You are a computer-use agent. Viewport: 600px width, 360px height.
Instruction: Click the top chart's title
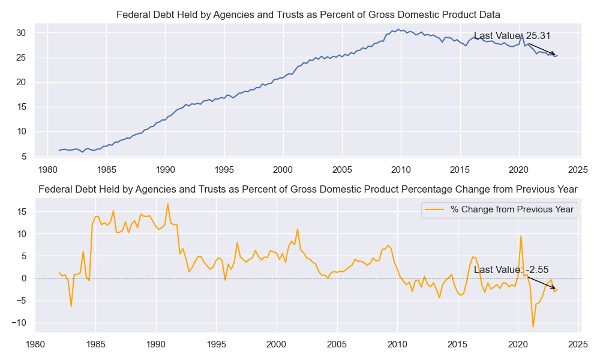[308, 14]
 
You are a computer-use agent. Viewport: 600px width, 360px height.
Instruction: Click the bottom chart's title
[308, 190]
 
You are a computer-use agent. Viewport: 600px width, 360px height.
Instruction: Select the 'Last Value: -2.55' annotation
[511, 270]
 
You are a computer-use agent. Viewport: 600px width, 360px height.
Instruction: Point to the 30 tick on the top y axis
[21, 33]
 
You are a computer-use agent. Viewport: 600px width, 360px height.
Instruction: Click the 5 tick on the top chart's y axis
[23, 157]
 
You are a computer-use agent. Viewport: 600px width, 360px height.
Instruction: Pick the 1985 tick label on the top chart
[106, 170]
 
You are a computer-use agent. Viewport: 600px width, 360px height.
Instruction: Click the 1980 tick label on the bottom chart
[35, 344]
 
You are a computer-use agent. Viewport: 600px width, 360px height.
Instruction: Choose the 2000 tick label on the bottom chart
[277, 344]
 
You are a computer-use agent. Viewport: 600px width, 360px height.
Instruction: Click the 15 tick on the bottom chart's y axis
[22, 211]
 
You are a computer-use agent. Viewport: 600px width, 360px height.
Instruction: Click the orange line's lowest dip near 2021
[533, 326]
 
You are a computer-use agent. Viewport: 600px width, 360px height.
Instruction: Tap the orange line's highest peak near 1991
[168, 204]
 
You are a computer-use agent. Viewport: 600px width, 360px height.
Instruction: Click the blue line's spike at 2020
[521, 34]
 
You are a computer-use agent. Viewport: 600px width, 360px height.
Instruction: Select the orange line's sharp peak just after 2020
[521, 236]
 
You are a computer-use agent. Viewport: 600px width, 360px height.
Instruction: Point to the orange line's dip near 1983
[71, 306]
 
